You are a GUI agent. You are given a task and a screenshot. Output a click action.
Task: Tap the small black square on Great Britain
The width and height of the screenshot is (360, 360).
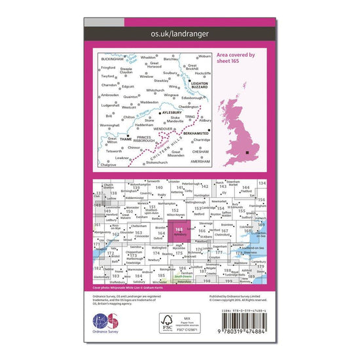(x=247, y=153)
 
